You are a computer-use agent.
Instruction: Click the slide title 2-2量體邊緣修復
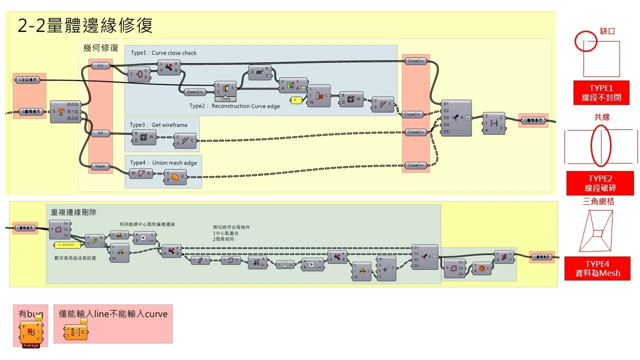pyautogui.click(x=85, y=25)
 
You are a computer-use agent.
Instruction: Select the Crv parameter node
pyautogui.click(x=100, y=65)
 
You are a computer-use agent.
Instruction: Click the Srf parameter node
pyautogui.click(x=100, y=133)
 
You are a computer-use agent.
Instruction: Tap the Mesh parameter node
pyautogui.click(x=100, y=166)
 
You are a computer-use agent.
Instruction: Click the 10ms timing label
pyautogui.click(x=225, y=99)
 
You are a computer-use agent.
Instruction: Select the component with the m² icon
pyautogui.click(x=259, y=72)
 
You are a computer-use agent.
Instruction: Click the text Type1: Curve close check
pyautogui.click(x=163, y=53)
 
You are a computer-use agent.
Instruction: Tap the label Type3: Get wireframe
pyautogui.click(x=158, y=125)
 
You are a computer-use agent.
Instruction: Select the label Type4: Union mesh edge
pyautogui.click(x=163, y=163)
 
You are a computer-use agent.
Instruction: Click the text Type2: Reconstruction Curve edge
pyautogui.click(x=234, y=106)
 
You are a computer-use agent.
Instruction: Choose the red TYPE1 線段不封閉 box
pyautogui.click(x=600, y=93)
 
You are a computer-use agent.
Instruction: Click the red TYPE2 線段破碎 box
pyautogui.click(x=600, y=183)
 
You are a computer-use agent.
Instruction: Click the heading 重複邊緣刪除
pyautogui.click(x=73, y=212)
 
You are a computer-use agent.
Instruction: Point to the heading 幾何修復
pyautogui.click(x=100, y=48)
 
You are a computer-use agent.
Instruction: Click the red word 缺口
pyautogui.click(x=607, y=31)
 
